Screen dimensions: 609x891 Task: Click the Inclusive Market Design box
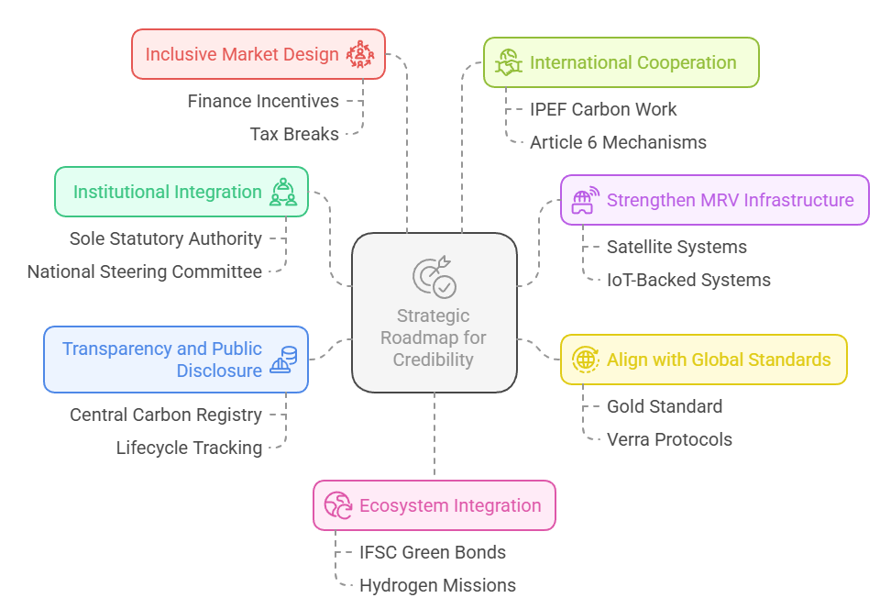(x=258, y=54)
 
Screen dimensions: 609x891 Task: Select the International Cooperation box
(x=621, y=62)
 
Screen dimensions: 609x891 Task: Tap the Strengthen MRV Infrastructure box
(x=714, y=200)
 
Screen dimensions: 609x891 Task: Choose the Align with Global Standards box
(x=703, y=360)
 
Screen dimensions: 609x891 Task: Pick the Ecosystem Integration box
(x=434, y=505)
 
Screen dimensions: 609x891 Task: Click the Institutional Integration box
(x=181, y=192)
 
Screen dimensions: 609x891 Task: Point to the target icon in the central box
(x=434, y=276)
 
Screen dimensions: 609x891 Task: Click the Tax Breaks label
(x=294, y=134)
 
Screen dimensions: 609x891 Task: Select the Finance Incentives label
(x=263, y=101)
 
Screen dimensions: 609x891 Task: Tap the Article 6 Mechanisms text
(x=618, y=142)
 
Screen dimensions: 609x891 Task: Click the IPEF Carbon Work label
(x=603, y=109)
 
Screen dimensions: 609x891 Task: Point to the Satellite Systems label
(x=676, y=247)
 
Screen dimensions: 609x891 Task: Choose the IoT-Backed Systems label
(x=688, y=280)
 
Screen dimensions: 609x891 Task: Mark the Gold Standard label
(x=665, y=406)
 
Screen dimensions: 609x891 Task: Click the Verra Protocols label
(x=669, y=439)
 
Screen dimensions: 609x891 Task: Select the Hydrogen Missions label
(x=437, y=585)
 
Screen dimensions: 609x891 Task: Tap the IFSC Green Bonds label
(x=432, y=552)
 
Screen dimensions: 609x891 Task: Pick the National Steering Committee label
(x=144, y=271)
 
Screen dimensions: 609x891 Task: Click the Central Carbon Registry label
(x=166, y=415)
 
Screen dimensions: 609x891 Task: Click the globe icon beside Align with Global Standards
(x=585, y=360)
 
